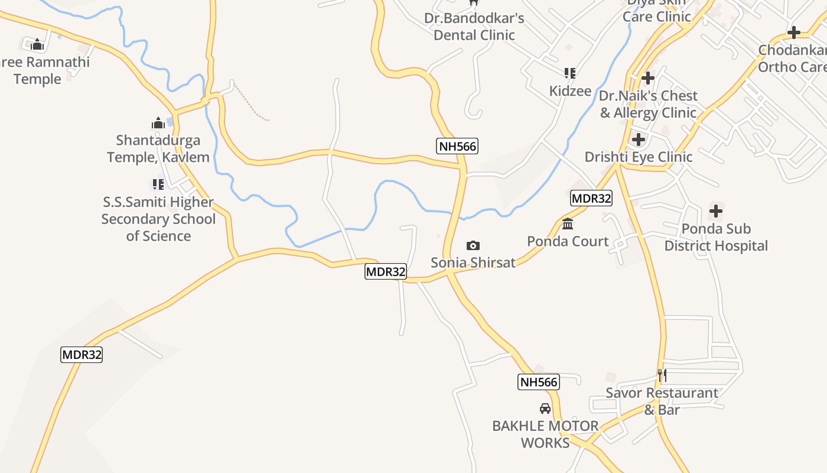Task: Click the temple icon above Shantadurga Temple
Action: pyautogui.click(x=158, y=124)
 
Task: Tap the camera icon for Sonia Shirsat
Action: pyautogui.click(x=473, y=245)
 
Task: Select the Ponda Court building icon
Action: pyautogui.click(x=568, y=224)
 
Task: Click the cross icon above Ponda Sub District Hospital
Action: pyautogui.click(x=716, y=210)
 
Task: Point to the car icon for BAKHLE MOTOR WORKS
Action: pyautogui.click(x=545, y=409)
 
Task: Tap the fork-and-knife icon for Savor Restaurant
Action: pyautogui.click(x=662, y=375)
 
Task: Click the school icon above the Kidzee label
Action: pyautogui.click(x=570, y=73)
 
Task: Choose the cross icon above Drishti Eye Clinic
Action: pyautogui.click(x=639, y=140)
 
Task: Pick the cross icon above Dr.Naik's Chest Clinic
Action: pyautogui.click(x=648, y=77)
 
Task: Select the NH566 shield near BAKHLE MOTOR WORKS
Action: pyautogui.click(x=539, y=382)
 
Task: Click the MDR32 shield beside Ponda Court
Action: pyautogui.click(x=591, y=199)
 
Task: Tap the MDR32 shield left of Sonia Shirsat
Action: pyautogui.click(x=386, y=272)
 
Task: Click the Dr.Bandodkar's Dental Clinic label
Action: pyautogui.click(x=474, y=27)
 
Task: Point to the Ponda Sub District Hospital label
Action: pyautogui.click(x=716, y=237)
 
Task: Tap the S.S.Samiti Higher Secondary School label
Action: pyautogui.click(x=158, y=219)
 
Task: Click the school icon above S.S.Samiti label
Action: pyautogui.click(x=158, y=184)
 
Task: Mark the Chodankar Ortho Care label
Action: pyautogui.click(x=792, y=58)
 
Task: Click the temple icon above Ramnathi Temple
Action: pyautogui.click(x=37, y=44)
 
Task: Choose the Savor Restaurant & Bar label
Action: pyautogui.click(x=662, y=401)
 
